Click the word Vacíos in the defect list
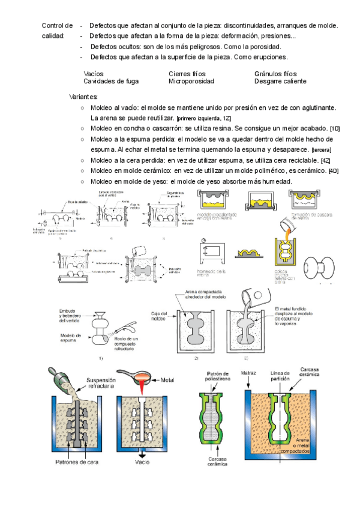pyautogui.click(x=94, y=73)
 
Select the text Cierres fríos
pyautogui.click(x=188, y=73)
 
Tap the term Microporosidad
pyautogui.click(x=192, y=81)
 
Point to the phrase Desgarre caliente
pyautogui.click(x=280, y=81)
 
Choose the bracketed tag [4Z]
pyautogui.click(x=325, y=160)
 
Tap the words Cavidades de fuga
pyautogui.click(x=112, y=81)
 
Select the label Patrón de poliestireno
pyautogui.click(x=220, y=376)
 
